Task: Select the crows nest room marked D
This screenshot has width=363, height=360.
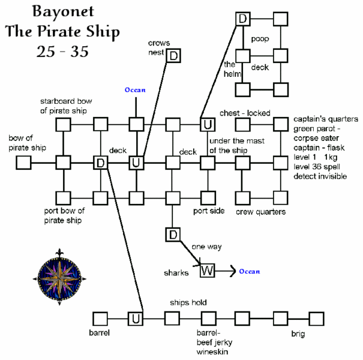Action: tap(173, 56)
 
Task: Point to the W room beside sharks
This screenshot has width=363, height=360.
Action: tap(207, 271)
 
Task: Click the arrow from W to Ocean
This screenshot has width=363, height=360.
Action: tap(226, 271)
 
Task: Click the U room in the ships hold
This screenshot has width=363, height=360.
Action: tap(136, 318)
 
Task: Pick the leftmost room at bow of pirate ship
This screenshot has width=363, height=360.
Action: tap(23, 163)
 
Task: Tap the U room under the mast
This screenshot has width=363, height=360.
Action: tap(207, 125)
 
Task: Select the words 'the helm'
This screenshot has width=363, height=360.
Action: tap(232, 69)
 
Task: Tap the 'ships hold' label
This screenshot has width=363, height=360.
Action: tap(188, 302)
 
